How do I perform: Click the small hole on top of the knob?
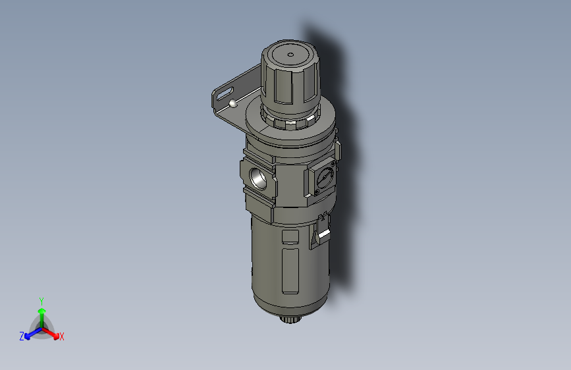click(290, 55)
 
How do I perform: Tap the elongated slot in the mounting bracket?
click(225, 93)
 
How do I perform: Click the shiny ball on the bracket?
click(233, 104)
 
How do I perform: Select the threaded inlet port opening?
click(259, 178)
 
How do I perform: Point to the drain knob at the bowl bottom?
click(290, 320)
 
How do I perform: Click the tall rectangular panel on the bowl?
click(290, 271)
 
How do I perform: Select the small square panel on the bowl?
click(290, 237)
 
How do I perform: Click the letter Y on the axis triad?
click(41, 301)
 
